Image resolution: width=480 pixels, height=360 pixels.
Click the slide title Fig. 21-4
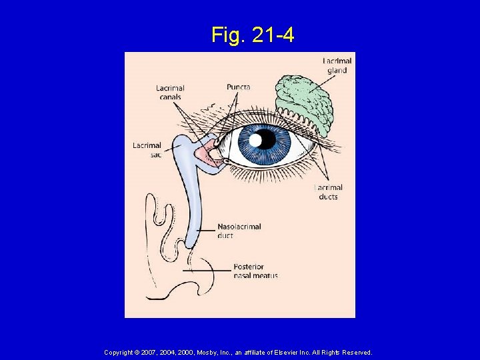click(x=253, y=35)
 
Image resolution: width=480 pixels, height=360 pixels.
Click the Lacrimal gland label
click(x=337, y=65)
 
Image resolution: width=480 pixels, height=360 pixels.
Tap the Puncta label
click(x=238, y=87)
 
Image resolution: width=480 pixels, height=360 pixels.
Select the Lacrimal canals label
click(x=170, y=92)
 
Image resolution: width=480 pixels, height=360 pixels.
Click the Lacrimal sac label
click(x=147, y=150)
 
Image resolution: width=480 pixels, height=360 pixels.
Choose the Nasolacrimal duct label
click(x=239, y=231)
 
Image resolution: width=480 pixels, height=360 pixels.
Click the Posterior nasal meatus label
click(x=255, y=271)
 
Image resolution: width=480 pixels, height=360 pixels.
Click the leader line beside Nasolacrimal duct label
click(x=203, y=227)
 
